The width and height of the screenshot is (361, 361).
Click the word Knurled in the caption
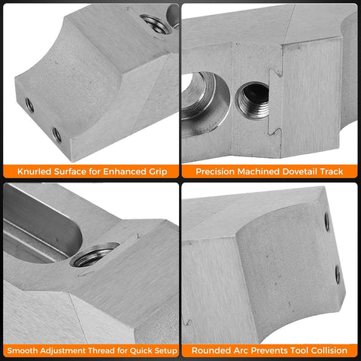(x=35, y=171)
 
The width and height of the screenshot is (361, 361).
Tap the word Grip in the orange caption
(x=158, y=172)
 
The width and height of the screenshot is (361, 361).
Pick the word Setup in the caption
(x=165, y=351)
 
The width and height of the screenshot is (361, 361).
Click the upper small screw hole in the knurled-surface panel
(x=29, y=105)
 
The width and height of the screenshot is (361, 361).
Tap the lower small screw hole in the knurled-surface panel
(x=57, y=135)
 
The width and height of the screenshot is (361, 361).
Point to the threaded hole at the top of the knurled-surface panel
(x=153, y=24)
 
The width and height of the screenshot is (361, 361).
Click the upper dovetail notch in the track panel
(x=276, y=72)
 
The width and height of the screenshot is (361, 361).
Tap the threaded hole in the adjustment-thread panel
(x=94, y=254)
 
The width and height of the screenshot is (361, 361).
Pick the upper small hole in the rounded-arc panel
(x=327, y=221)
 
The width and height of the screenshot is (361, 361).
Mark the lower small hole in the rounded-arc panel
(x=338, y=275)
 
